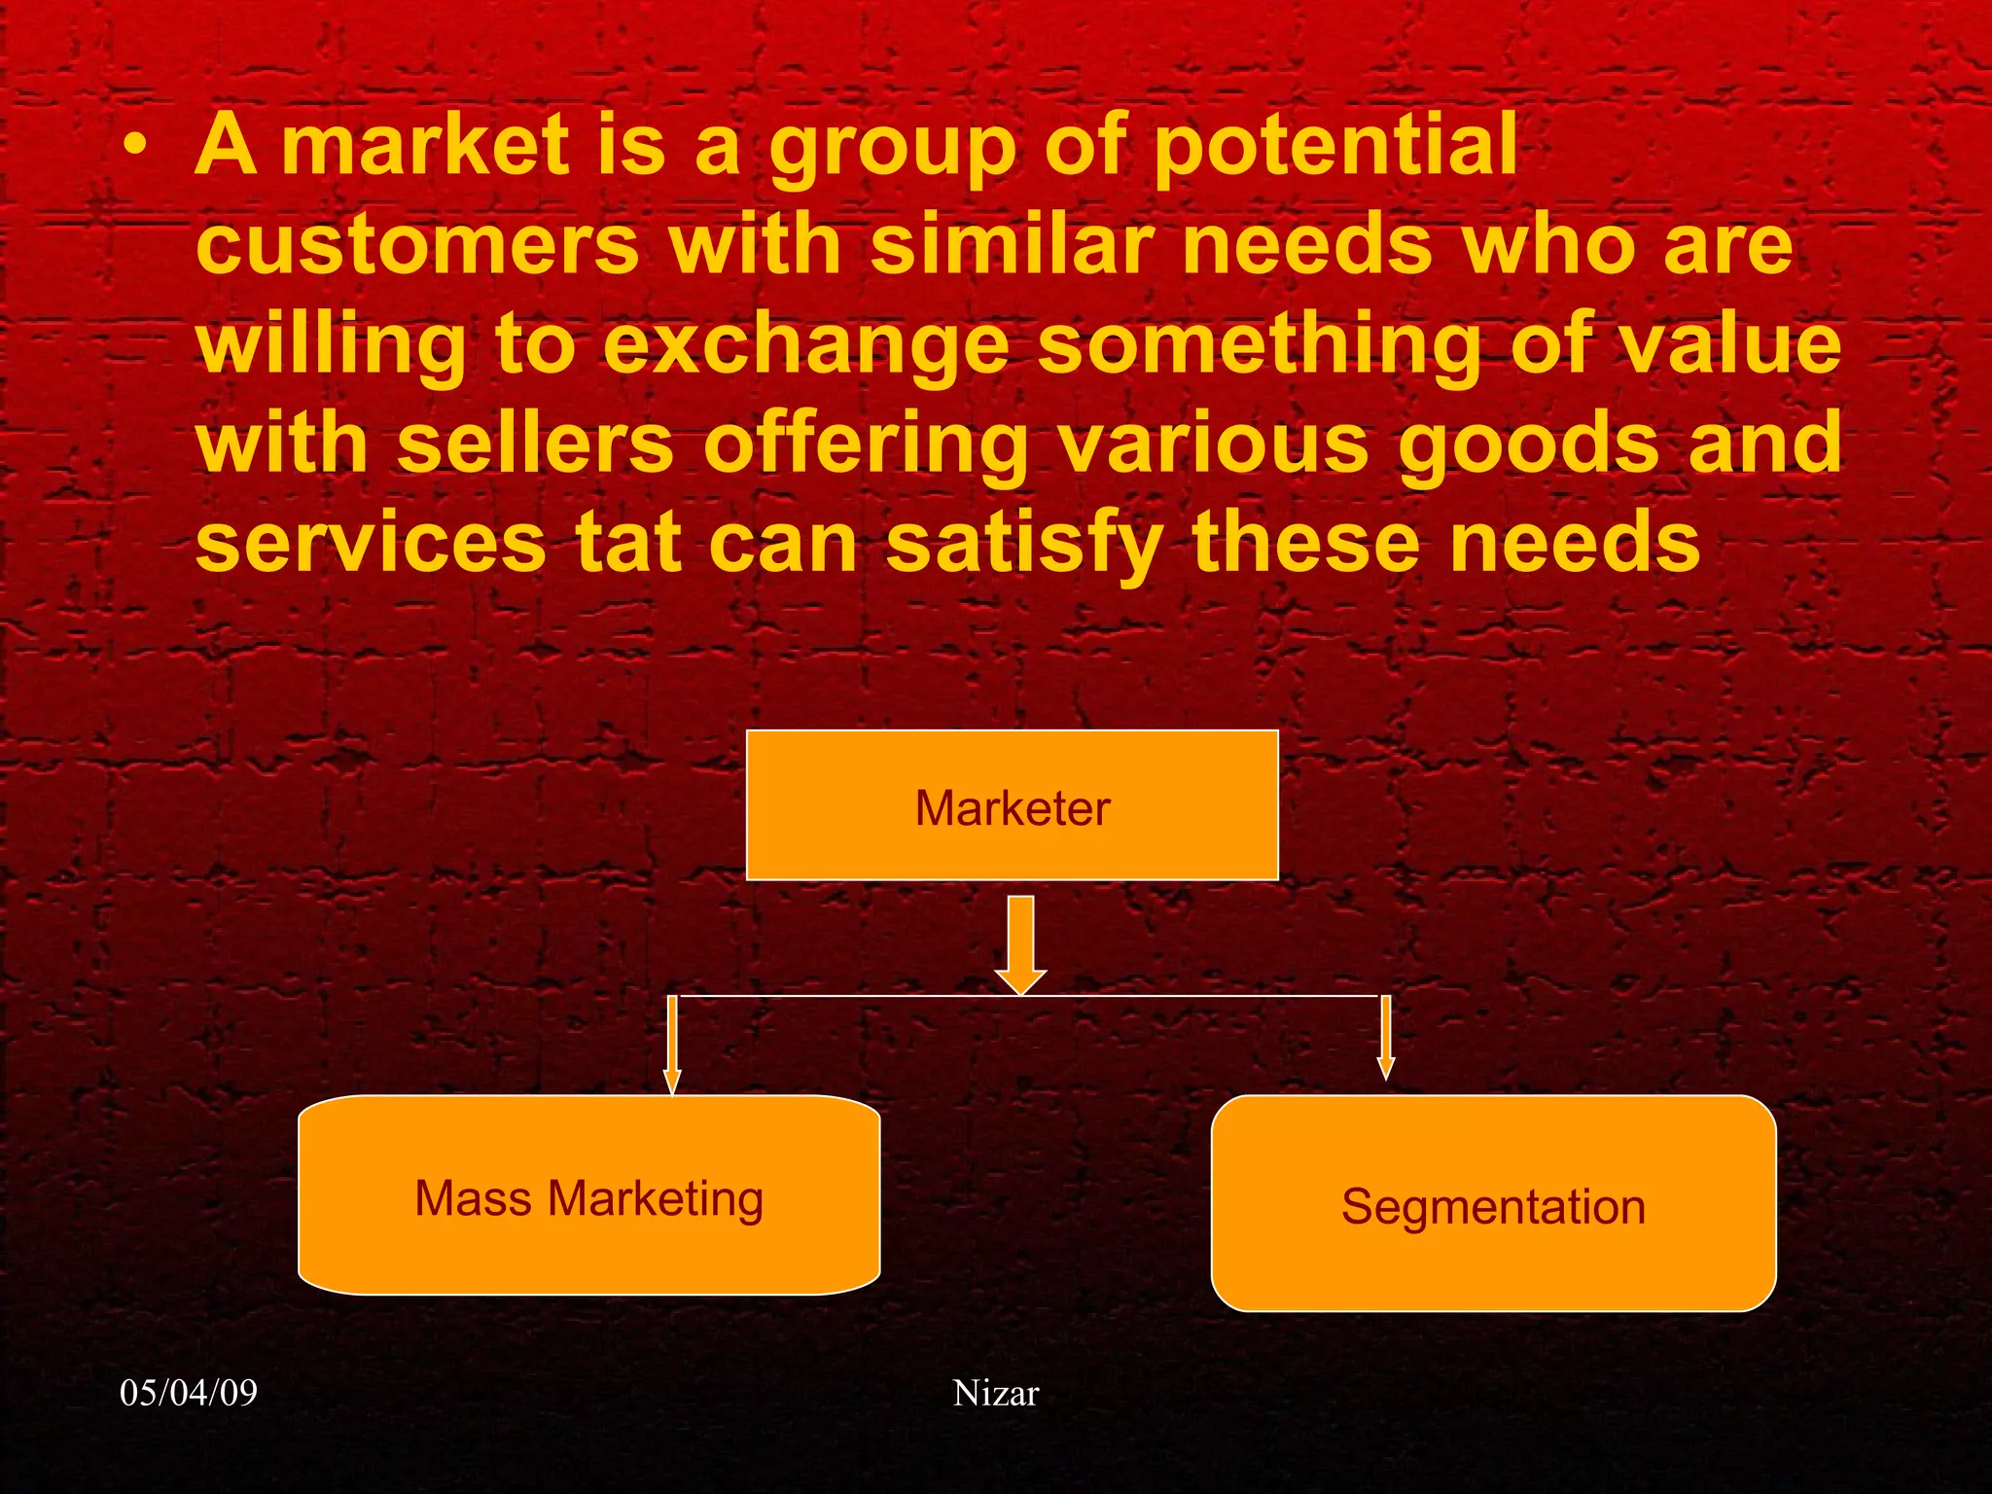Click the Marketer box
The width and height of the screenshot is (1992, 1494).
[x=1012, y=805]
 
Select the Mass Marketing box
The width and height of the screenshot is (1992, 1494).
[x=588, y=1195]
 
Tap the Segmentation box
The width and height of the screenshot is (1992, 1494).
[x=1493, y=1204]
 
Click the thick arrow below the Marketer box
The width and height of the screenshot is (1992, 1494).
[x=1020, y=943]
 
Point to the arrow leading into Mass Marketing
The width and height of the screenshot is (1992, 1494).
[x=672, y=1045]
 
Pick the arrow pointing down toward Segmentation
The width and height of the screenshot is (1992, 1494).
[x=1386, y=1037]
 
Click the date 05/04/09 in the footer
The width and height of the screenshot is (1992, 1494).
[x=189, y=1393]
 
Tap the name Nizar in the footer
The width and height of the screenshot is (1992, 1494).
[x=996, y=1393]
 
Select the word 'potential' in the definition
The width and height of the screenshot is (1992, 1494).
[x=1334, y=146]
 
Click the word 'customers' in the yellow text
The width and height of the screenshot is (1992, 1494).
[x=417, y=245]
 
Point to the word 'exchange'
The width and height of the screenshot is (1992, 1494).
[x=806, y=345]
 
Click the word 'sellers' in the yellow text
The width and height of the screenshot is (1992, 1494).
[x=535, y=444]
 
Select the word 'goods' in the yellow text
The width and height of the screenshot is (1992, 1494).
[x=1528, y=445]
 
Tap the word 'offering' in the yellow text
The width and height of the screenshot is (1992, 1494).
[x=866, y=445]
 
